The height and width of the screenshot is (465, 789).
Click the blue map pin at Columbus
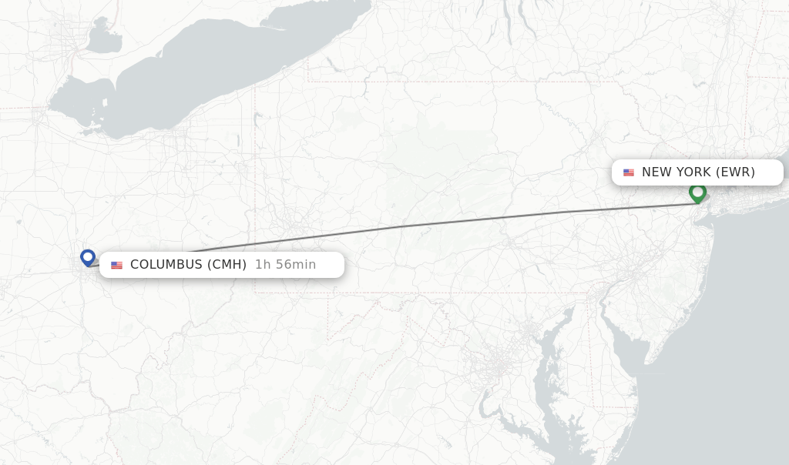(88, 257)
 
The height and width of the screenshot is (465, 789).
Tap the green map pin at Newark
(697, 192)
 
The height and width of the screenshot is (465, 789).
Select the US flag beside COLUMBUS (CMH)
(116, 265)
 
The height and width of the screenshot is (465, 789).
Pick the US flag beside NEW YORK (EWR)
(629, 172)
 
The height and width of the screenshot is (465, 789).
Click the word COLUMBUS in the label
(166, 265)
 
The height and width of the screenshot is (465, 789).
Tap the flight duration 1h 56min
(285, 265)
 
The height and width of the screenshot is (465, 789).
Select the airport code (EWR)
(735, 172)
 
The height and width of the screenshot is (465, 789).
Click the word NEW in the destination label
(656, 172)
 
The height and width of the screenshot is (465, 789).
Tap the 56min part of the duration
(297, 265)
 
